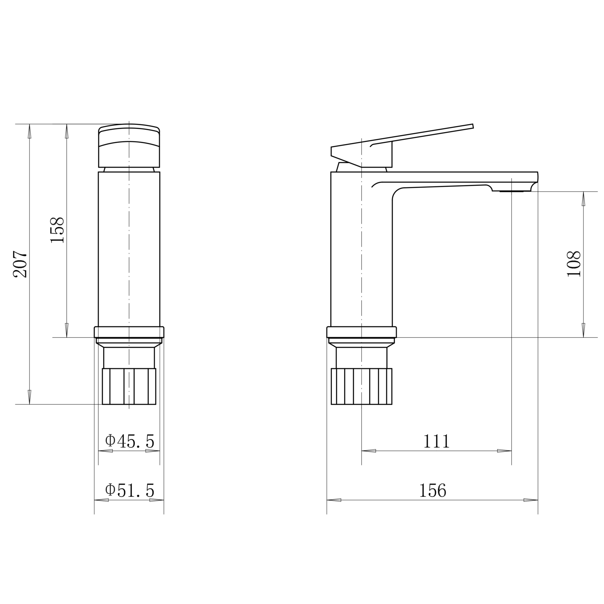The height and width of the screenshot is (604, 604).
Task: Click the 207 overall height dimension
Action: point(20,264)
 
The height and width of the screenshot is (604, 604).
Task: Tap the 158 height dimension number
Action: point(58,230)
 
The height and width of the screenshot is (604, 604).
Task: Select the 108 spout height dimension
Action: point(574,264)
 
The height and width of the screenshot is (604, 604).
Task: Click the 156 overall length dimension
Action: point(433,491)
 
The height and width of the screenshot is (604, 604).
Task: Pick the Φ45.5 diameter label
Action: point(129,441)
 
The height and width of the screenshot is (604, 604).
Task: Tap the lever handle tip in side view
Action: point(472,126)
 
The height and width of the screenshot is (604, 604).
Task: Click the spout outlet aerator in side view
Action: point(512,191)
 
